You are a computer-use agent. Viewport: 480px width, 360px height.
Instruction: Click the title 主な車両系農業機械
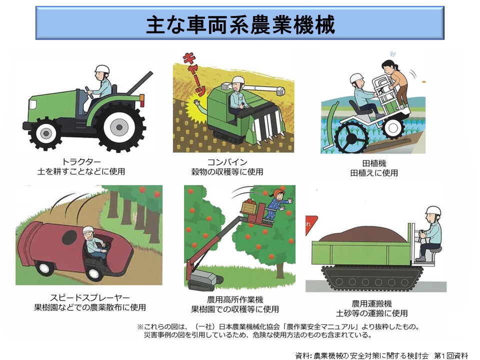240,24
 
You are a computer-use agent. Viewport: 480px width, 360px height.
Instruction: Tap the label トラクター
81,161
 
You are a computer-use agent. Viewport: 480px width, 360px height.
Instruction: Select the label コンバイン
227,162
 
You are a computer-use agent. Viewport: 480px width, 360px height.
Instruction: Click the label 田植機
374,163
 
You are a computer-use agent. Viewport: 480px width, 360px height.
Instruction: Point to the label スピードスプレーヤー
90,297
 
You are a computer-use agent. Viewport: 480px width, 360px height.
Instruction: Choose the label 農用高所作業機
235,299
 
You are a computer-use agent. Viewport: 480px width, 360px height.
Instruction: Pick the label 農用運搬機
371,303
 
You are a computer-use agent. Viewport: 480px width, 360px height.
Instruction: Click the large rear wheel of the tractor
119,127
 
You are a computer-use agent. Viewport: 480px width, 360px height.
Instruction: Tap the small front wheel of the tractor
46,133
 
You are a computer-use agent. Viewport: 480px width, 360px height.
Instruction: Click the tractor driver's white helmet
102,69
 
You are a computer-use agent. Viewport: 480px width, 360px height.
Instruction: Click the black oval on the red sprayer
69,237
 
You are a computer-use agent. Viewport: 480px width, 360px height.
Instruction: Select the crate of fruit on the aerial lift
249,207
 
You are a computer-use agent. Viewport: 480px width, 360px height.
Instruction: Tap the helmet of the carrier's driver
433,210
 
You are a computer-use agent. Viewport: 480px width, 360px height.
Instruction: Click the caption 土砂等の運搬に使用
371,313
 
